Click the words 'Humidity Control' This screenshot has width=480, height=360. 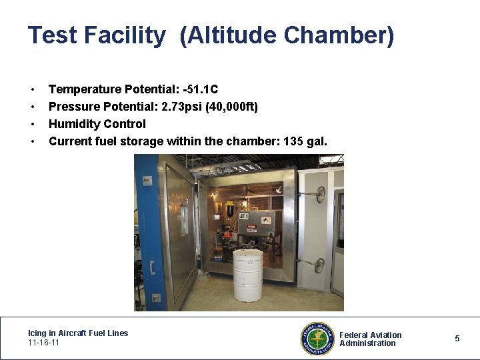[x=97, y=124]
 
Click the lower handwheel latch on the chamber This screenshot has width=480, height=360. [x=319, y=265]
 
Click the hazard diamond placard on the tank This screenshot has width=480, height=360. [x=266, y=220]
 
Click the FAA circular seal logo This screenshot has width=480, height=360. [x=316, y=339]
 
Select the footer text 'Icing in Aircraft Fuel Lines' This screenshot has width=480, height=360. [x=78, y=333]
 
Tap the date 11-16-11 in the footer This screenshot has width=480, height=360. [x=43, y=343]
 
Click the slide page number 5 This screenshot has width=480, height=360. [x=457, y=339]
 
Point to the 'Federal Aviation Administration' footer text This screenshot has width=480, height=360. [x=371, y=339]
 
